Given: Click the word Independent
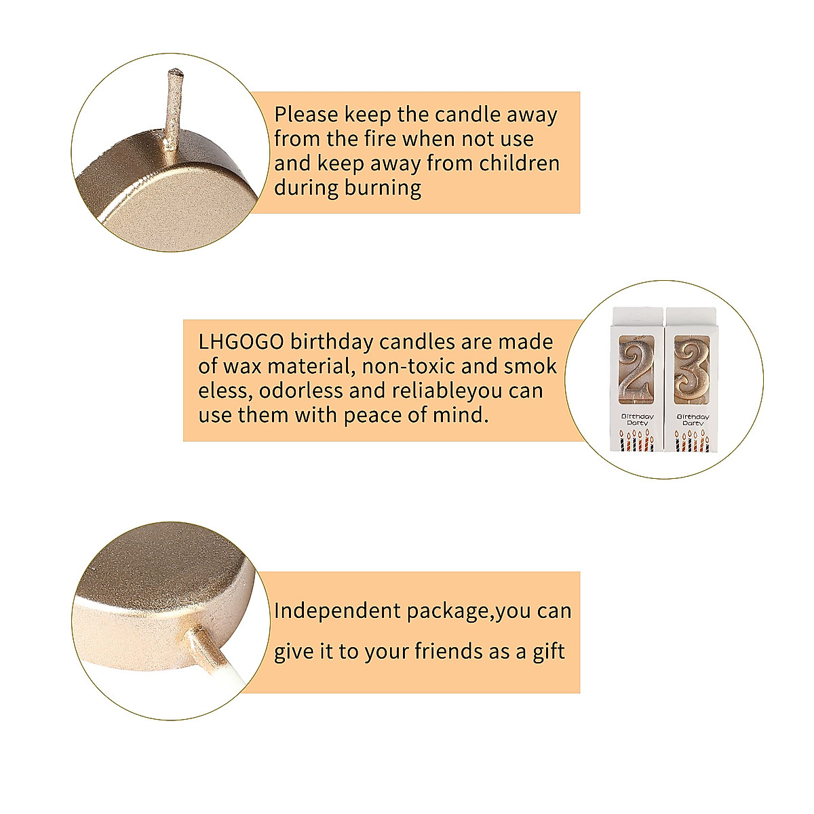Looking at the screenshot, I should pos(338,611).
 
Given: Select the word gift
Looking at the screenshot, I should pos(549,652).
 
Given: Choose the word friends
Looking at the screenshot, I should pos(448,652).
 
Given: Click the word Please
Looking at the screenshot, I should pos(306,115).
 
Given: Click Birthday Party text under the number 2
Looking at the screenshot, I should pos(637,419).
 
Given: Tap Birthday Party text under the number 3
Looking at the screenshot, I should pos(692,419).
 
